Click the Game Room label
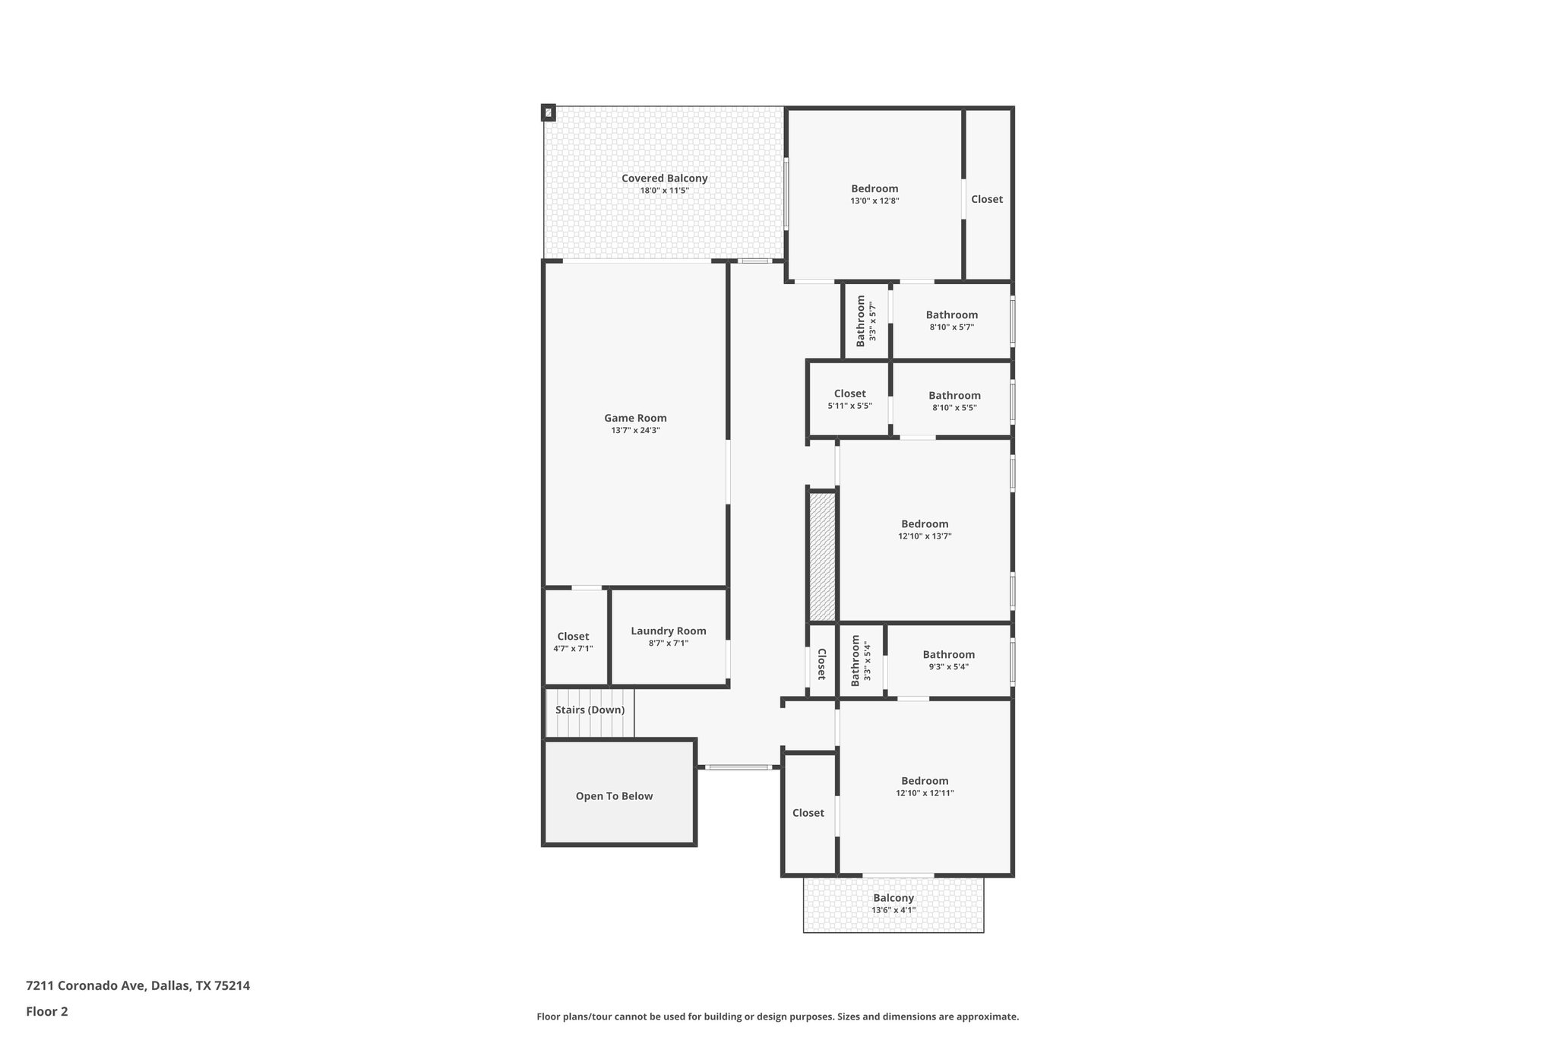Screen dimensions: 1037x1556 pyautogui.click(x=635, y=418)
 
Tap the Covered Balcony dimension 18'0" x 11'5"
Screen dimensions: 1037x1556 pyautogui.click(x=664, y=191)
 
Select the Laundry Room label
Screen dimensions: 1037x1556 pyautogui.click(x=668, y=631)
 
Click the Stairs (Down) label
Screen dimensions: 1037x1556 pyautogui.click(x=590, y=710)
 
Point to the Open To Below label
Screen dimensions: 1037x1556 pyautogui.click(x=614, y=796)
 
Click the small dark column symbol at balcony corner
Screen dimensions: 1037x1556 pyautogui.click(x=548, y=113)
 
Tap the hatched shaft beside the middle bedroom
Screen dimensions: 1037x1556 pyautogui.click(x=821, y=556)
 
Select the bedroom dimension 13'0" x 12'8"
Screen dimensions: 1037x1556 pyautogui.click(x=874, y=201)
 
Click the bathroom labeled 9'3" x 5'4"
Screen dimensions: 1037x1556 pyautogui.click(x=948, y=660)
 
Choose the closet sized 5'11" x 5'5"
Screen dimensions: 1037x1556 pyautogui.click(x=849, y=400)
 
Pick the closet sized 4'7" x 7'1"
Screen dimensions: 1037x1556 pyautogui.click(x=573, y=642)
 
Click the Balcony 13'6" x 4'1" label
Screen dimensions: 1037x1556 pyautogui.click(x=893, y=903)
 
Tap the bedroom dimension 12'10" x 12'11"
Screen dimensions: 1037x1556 pyautogui.click(x=925, y=793)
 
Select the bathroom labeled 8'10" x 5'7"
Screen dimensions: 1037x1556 pyautogui.click(x=951, y=321)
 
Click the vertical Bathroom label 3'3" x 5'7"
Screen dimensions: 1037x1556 pyautogui.click(x=866, y=321)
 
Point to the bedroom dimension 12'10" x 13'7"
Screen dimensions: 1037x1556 pyautogui.click(x=925, y=536)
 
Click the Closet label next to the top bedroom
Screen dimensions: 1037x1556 pyautogui.click(x=986, y=199)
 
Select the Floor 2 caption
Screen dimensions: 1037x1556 pyautogui.click(x=47, y=1012)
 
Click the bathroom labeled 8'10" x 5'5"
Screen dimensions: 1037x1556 pyautogui.click(x=954, y=401)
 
